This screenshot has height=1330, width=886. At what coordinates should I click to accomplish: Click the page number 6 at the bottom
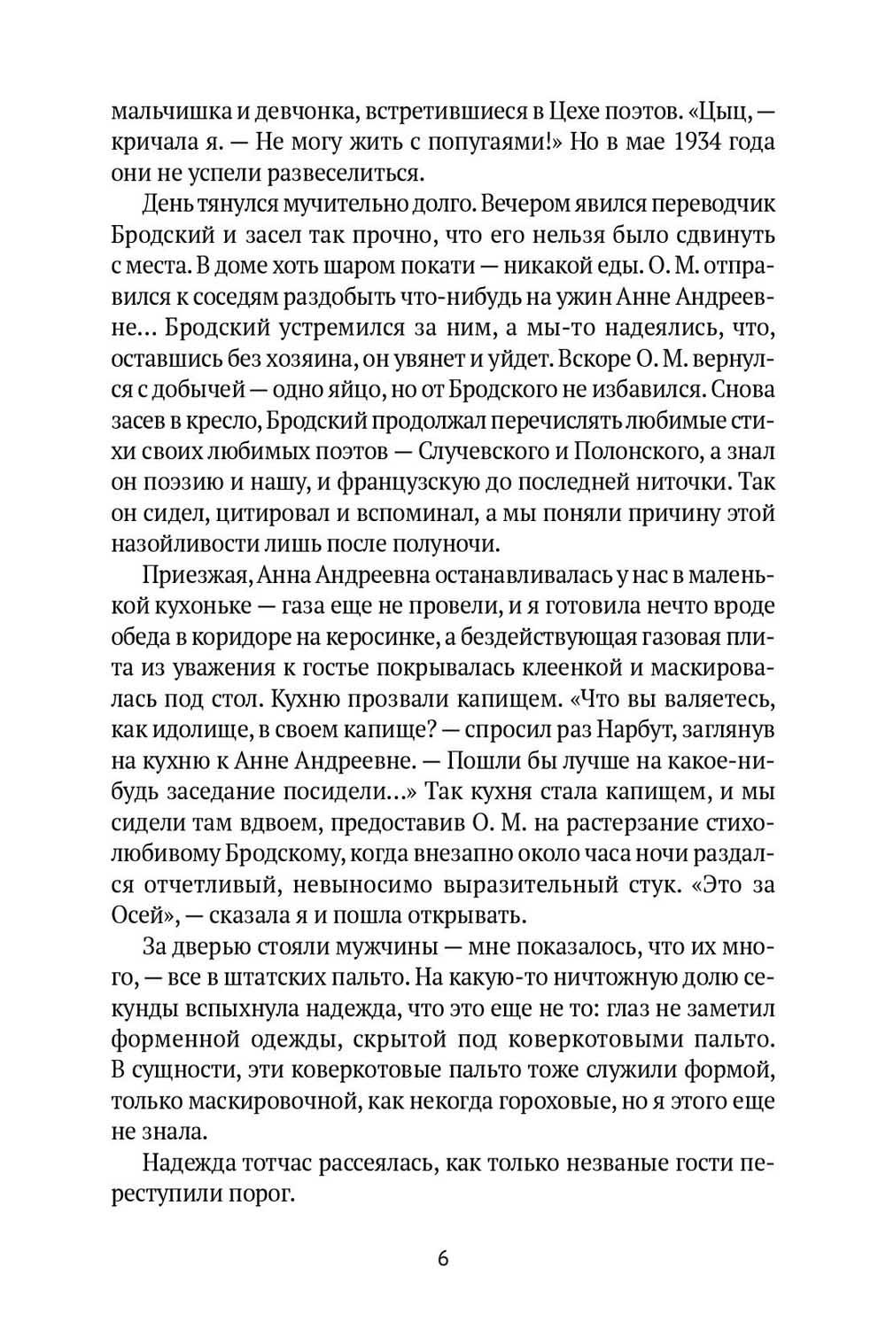pyautogui.click(x=443, y=1259)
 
